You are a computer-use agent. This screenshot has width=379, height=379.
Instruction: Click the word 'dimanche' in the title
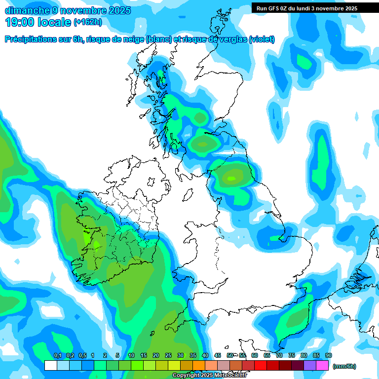coord(26,10)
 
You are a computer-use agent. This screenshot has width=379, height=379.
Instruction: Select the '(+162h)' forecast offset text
coord(87,22)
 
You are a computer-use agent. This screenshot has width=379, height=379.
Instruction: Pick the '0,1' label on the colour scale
coord(57,356)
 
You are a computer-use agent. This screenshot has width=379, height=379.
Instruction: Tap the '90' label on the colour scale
coord(329,356)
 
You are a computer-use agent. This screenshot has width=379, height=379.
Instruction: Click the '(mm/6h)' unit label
coord(344,366)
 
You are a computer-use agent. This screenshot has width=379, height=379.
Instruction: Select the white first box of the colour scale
coord(50,366)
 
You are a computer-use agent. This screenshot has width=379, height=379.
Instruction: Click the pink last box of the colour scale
coord(322,366)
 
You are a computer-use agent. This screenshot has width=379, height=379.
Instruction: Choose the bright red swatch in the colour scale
coord(260,366)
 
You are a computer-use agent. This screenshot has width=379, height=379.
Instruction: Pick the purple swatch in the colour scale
coord(310,366)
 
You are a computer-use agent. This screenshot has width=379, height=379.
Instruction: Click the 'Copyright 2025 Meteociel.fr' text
coord(210,376)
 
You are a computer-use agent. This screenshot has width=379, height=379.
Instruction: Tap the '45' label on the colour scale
coord(218,356)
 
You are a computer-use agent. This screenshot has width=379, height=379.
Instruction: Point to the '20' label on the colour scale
coord(156,356)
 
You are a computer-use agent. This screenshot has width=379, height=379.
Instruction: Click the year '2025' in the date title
coord(117,10)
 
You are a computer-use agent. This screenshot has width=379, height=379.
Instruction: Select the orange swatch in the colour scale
coord(198,366)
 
